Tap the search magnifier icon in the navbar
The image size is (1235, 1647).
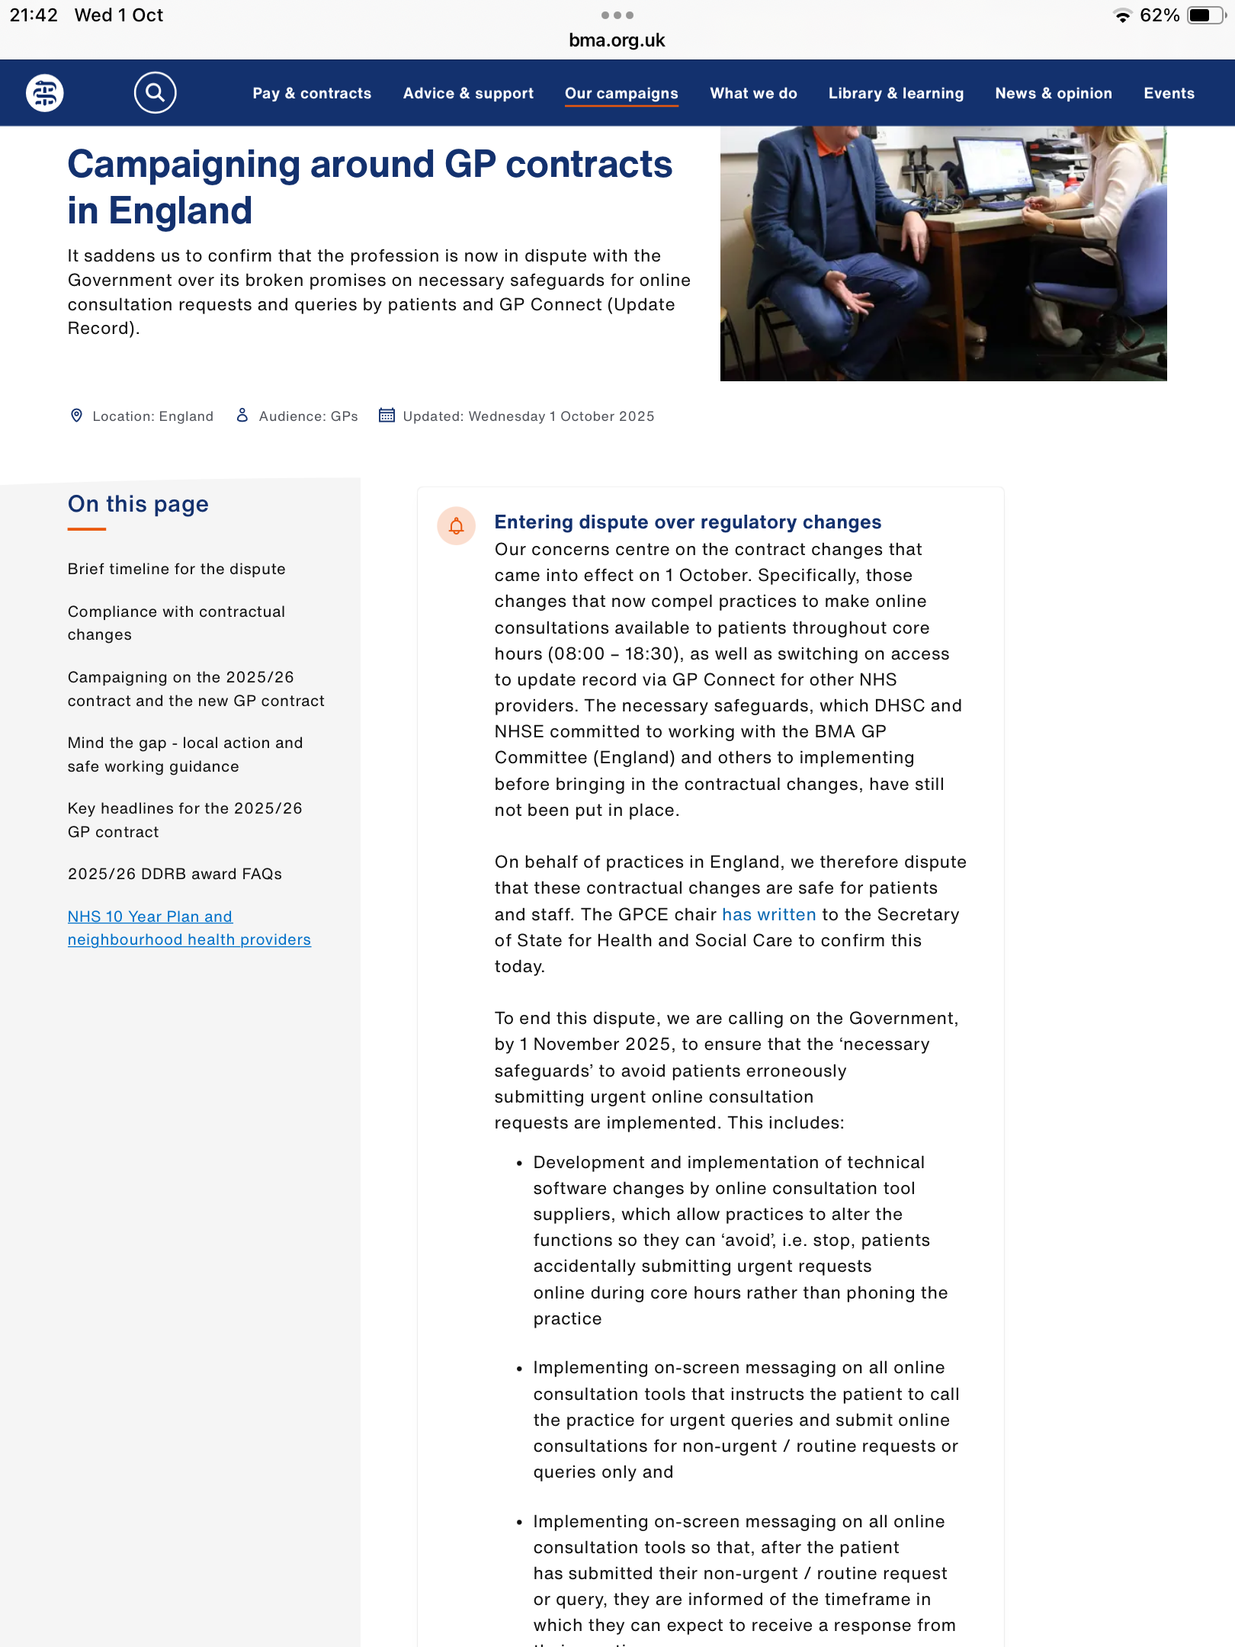(x=155, y=93)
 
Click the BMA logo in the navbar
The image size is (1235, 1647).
(x=45, y=93)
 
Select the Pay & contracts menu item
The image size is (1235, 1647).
(x=312, y=93)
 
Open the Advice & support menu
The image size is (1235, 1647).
(x=468, y=93)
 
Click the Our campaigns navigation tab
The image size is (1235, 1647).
(x=621, y=93)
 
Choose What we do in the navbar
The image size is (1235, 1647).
(x=753, y=93)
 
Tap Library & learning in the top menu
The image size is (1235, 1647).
(x=896, y=93)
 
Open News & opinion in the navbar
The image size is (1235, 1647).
(x=1053, y=93)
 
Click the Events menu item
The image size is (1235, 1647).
(x=1169, y=93)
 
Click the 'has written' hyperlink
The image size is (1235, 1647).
(x=768, y=914)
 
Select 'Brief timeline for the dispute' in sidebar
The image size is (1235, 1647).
(x=176, y=569)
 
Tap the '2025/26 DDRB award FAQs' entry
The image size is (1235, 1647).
(x=175, y=874)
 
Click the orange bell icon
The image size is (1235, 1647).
(x=456, y=526)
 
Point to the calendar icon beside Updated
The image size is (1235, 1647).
(x=387, y=416)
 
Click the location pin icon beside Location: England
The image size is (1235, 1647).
(x=76, y=416)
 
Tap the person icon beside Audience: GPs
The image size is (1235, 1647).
(x=242, y=416)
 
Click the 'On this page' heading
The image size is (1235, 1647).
(x=138, y=504)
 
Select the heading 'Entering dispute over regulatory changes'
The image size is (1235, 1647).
(x=688, y=522)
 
